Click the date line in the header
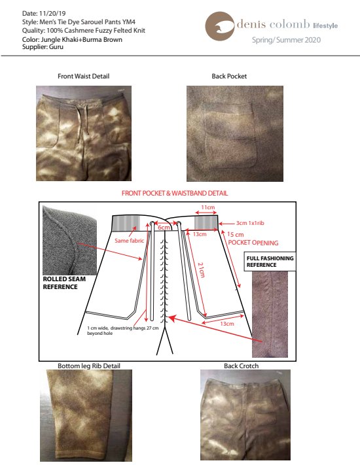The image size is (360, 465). tap(44, 13)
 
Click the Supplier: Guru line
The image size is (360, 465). tap(43, 47)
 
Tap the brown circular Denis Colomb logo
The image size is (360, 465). tap(220, 26)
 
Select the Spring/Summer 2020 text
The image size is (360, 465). tap(287, 40)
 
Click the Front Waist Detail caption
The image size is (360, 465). tap(83, 77)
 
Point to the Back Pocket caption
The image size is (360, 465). tap(229, 77)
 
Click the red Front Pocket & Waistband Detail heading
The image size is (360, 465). tap(175, 193)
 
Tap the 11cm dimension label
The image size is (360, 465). tap(207, 207)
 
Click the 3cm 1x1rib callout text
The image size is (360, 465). tap(250, 223)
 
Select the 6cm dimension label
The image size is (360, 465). tap(164, 228)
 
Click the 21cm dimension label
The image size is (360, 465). tap(201, 269)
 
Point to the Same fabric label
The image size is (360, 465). tap(129, 241)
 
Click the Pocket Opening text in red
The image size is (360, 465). tap(253, 243)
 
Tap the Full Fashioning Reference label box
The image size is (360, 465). tap(270, 262)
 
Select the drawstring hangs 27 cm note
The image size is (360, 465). tap(123, 330)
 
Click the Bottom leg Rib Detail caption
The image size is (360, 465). tap(89, 366)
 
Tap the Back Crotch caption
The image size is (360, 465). tap(242, 366)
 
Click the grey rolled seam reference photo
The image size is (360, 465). tap(70, 241)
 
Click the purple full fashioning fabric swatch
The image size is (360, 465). tap(270, 315)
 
